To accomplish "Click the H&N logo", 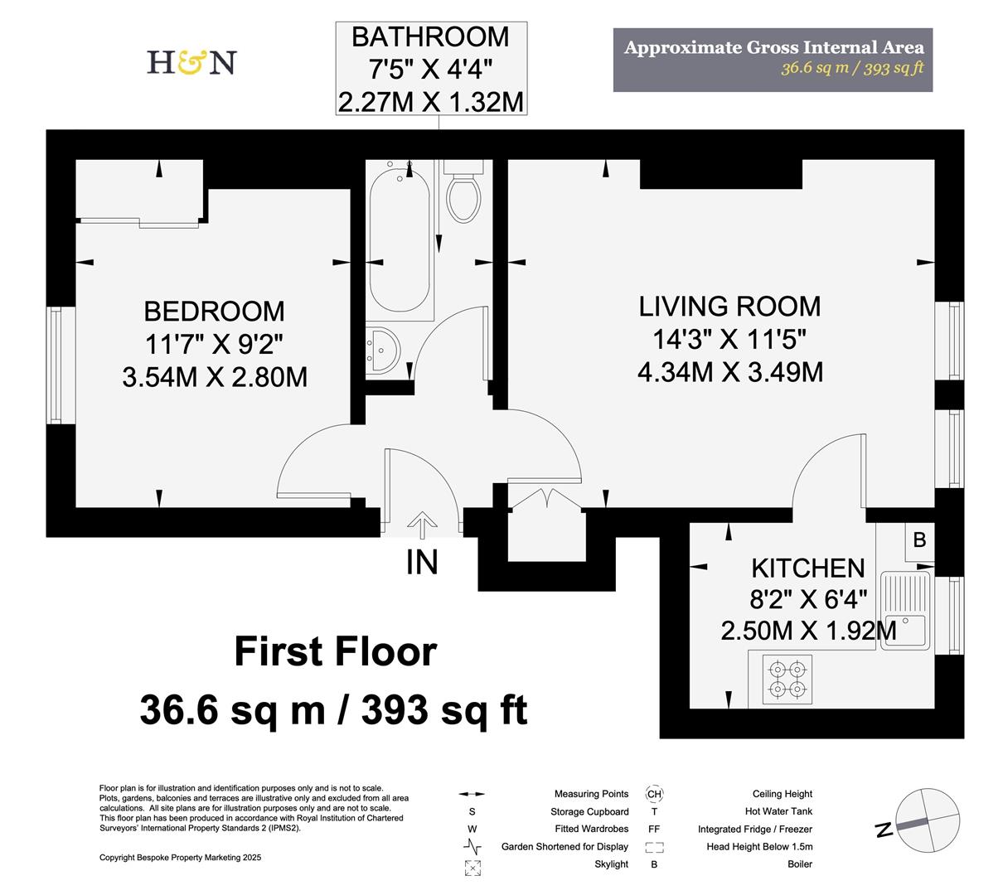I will [191, 62].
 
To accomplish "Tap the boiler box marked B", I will [918, 540].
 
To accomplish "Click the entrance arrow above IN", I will [422, 525].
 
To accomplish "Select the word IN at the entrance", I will [422, 563].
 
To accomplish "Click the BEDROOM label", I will [214, 312].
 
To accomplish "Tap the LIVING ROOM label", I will [729, 306].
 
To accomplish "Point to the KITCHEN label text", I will [807, 568].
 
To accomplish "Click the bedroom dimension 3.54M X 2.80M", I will [215, 377].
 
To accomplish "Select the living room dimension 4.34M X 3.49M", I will [729, 372].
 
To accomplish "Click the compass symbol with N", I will [919, 821].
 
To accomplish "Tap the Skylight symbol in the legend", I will [472, 867].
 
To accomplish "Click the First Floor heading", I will [335, 651].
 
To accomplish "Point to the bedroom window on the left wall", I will [55, 365].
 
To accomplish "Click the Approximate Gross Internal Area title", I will [773, 47].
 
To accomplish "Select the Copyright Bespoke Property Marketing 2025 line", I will [180, 858].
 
